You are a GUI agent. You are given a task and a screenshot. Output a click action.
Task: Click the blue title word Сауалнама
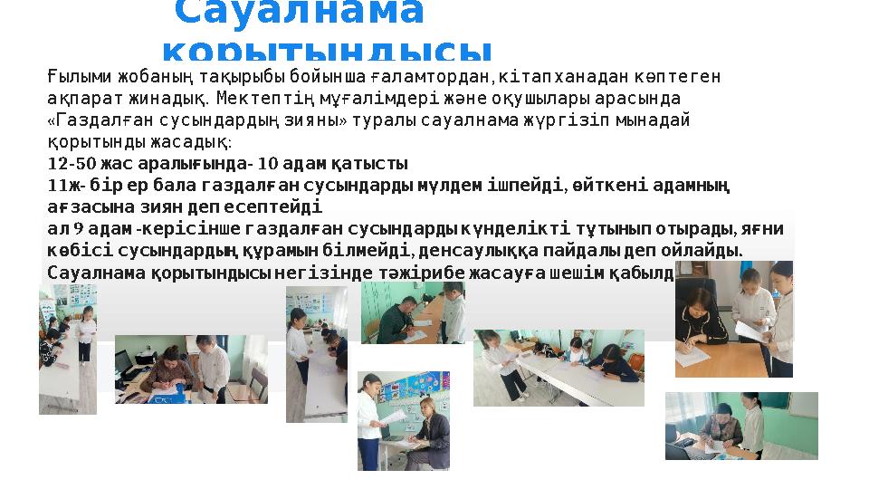pyautogui.click(x=299, y=13)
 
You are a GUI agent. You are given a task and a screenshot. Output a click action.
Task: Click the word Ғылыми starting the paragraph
pyautogui.click(x=73, y=77)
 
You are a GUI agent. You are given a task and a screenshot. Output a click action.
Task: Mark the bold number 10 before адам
pyautogui.click(x=268, y=164)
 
